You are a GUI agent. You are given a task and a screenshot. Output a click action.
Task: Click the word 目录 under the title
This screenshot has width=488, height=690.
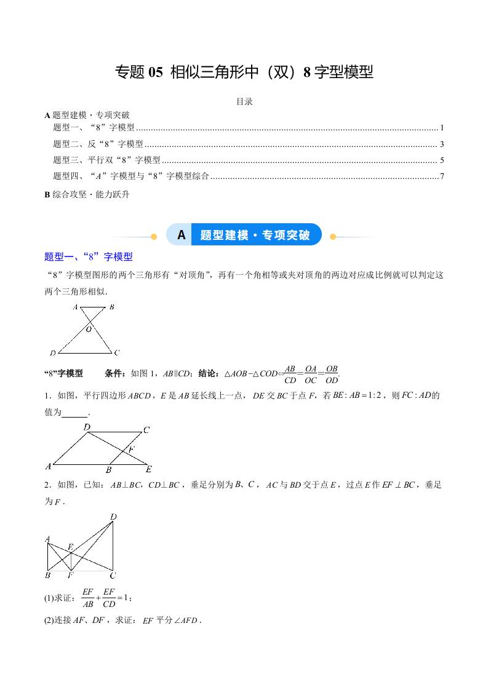pyautogui.click(x=244, y=101)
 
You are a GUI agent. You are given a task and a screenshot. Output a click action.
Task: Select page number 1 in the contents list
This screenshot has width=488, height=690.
pyautogui.click(x=442, y=128)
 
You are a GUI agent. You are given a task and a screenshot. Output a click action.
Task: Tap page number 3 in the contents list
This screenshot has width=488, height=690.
pyautogui.click(x=442, y=145)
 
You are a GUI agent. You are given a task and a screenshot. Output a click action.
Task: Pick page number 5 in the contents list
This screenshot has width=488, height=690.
pyautogui.click(x=442, y=161)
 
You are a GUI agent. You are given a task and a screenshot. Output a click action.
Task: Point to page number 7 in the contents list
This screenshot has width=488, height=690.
pyautogui.click(x=442, y=176)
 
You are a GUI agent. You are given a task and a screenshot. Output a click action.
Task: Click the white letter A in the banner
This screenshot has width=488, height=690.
pyautogui.click(x=181, y=235)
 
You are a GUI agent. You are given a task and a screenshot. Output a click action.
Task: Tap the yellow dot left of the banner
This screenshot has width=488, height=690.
pyautogui.click(x=154, y=236)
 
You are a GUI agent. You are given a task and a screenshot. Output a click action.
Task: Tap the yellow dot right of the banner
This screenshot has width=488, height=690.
pyautogui.click(x=333, y=236)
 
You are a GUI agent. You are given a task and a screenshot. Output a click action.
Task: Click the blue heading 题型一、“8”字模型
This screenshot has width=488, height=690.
pyautogui.click(x=89, y=256)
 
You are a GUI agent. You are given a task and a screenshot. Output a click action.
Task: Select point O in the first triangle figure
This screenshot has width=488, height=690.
pyautogui.click(x=89, y=329)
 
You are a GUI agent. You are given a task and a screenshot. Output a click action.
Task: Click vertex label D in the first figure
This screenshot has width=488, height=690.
pyautogui.click(x=53, y=353)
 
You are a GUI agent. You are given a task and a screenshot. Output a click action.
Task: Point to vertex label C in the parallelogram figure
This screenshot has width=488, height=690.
pyautogui.click(x=146, y=430)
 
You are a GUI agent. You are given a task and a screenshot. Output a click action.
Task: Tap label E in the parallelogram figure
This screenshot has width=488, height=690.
pyautogui.click(x=148, y=469)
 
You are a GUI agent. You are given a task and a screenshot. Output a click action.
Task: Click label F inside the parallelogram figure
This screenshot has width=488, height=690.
pyautogui.click(x=131, y=450)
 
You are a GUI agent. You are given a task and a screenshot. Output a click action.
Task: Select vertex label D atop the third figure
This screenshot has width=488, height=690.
pyautogui.click(x=113, y=517)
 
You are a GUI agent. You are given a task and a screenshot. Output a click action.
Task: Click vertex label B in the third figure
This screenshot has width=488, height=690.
pyautogui.click(x=47, y=576)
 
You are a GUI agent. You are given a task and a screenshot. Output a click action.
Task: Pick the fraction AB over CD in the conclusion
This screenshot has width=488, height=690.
pyautogui.click(x=290, y=374)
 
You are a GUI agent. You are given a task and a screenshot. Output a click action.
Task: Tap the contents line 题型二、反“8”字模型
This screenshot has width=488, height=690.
pyautogui.click(x=98, y=145)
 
